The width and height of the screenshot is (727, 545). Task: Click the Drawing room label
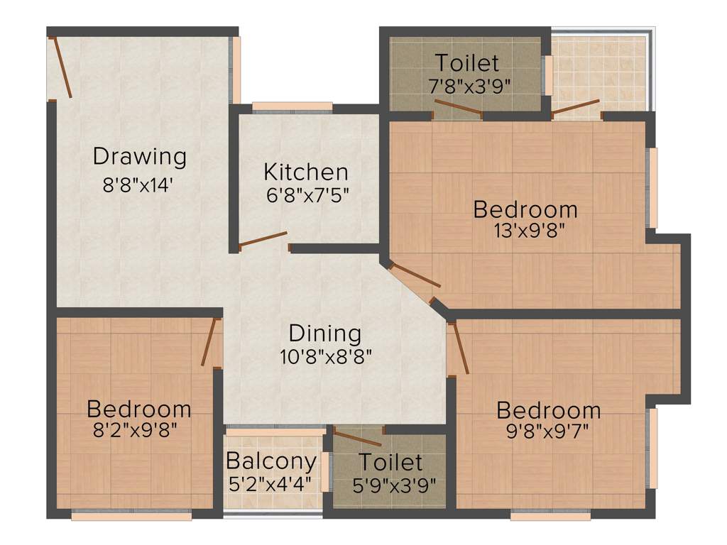pyautogui.click(x=139, y=156)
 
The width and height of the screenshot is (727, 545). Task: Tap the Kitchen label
pyautogui.click(x=306, y=172)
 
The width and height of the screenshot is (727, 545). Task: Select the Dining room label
pyautogui.click(x=325, y=333)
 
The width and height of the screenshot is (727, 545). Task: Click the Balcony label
pyautogui.click(x=271, y=461)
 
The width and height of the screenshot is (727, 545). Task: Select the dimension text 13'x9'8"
pyautogui.click(x=525, y=231)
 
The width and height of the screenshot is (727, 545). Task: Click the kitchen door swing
pyautogui.click(x=263, y=239)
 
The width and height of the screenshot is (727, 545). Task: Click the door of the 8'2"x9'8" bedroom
pyautogui.click(x=209, y=342)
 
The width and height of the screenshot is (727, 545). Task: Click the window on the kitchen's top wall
pyautogui.click(x=293, y=108)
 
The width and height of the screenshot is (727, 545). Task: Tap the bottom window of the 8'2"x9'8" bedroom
pyautogui.click(x=131, y=516)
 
